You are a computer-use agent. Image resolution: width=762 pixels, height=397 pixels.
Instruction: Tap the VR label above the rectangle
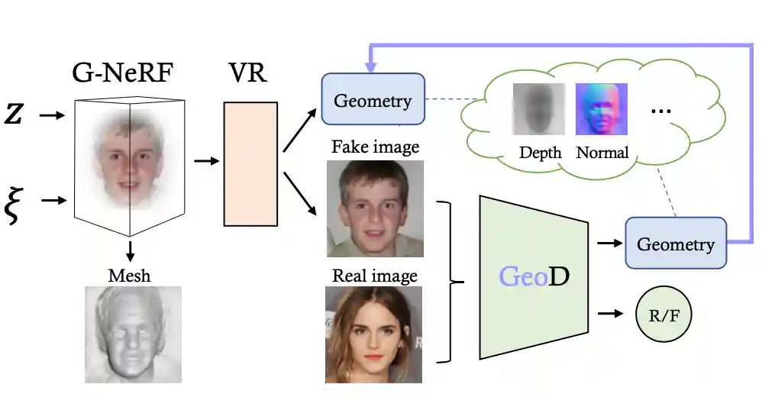tap(249, 75)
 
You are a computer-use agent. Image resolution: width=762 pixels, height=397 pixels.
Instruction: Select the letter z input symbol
tap(14, 115)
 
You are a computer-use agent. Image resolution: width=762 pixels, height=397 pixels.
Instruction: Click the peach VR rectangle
tap(250, 163)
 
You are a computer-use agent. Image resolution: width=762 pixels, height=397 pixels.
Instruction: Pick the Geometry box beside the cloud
tap(373, 100)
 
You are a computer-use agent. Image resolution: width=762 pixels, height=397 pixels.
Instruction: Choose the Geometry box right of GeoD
tap(675, 244)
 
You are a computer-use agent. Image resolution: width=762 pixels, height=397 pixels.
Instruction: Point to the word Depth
tap(540, 153)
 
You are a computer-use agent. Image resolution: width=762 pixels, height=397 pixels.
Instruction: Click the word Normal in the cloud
tap(602, 153)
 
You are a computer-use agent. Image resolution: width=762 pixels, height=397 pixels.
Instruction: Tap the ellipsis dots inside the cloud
tap(660, 111)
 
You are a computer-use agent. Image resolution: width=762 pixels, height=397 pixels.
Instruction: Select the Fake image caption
tap(375, 147)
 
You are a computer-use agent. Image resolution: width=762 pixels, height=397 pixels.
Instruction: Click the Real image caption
tap(375, 275)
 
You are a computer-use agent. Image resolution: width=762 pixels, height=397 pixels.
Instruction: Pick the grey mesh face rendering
tap(133, 334)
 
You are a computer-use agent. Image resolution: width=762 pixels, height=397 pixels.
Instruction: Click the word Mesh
tap(131, 275)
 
